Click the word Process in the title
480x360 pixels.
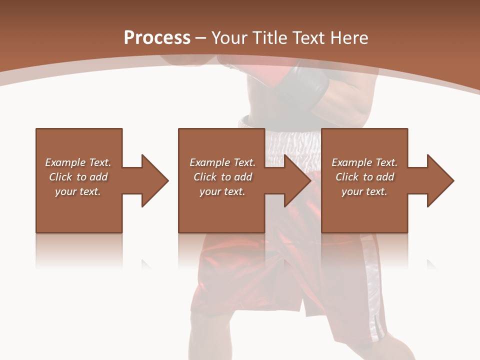point(157,38)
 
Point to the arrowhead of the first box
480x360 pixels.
point(154,180)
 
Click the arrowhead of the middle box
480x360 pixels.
point(297,180)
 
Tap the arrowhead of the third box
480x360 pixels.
point(440,180)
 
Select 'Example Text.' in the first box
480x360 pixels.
point(78,162)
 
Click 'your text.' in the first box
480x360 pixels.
point(78,191)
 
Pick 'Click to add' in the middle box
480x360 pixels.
point(222,177)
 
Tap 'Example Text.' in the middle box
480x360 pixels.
point(222,162)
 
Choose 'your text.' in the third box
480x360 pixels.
point(364,191)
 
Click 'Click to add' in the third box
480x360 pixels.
point(364,177)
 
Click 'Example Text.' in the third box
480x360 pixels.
point(364,162)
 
